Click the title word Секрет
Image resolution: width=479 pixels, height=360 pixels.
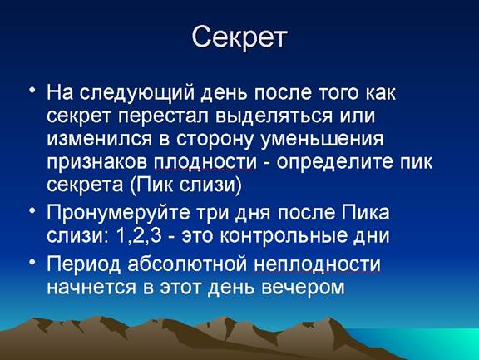click(x=239, y=38)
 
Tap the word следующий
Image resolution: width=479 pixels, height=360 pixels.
click(x=137, y=93)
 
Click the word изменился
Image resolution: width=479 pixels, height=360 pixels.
click(x=99, y=140)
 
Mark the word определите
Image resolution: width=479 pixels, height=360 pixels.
click(x=334, y=163)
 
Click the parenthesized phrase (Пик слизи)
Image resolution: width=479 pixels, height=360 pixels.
click(x=185, y=185)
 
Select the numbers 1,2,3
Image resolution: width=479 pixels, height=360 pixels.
click(x=139, y=236)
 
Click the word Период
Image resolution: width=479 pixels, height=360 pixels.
click(x=84, y=264)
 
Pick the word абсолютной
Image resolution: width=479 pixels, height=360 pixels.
click(x=187, y=264)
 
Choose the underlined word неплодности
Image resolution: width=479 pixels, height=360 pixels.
click(x=317, y=264)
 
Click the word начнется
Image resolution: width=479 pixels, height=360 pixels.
click(x=91, y=288)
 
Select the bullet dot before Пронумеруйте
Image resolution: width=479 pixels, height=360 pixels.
click(x=32, y=210)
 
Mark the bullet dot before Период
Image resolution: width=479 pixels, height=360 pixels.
click(x=32, y=262)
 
